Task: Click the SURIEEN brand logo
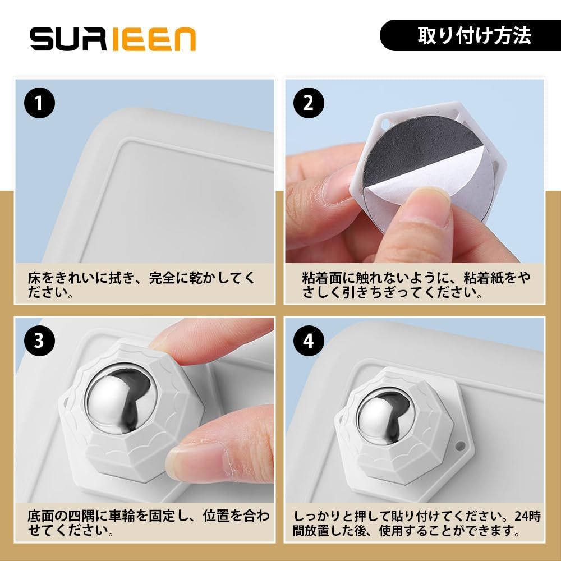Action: [x=113, y=39]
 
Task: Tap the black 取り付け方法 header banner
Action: [x=470, y=35]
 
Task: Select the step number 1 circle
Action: [x=39, y=103]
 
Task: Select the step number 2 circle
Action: [x=309, y=103]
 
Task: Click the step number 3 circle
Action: [x=39, y=341]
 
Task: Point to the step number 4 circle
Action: [x=309, y=341]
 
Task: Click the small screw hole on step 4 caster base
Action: [x=460, y=446]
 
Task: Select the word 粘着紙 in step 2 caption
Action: [x=484, y=278]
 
